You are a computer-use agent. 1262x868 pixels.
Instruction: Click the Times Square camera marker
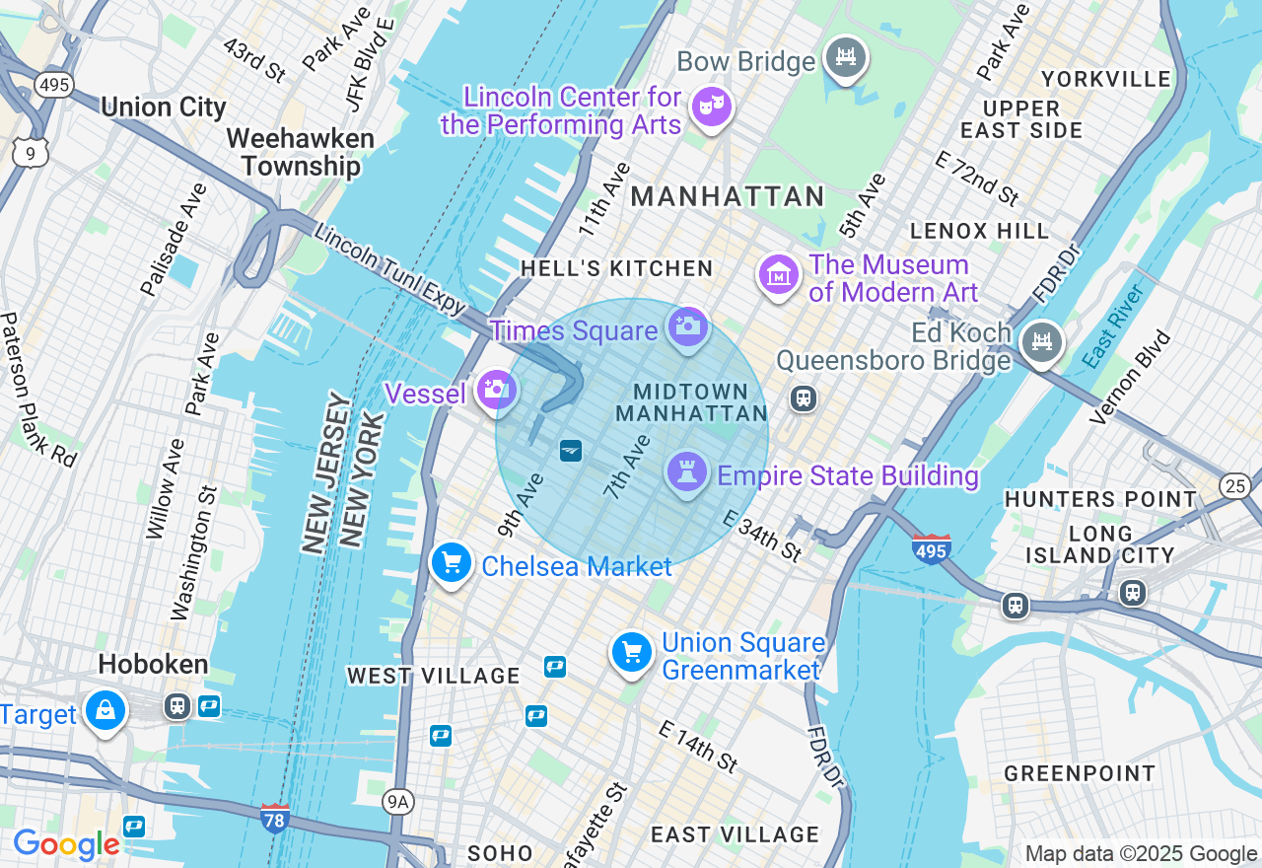[687, 326]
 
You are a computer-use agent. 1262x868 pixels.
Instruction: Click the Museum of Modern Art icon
[778, 276]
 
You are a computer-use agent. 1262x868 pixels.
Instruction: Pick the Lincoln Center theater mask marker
[711, 106]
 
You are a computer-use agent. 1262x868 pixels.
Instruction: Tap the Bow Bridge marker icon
[845, 57]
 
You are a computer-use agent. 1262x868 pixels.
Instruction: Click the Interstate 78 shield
[275, 818]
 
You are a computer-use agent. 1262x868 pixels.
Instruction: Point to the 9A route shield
[397, 801]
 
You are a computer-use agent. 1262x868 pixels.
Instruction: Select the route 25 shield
[1234, 484]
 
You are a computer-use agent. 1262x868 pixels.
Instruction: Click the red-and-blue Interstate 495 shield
[931, 548]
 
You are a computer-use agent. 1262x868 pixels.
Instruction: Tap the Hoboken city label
[153, 664]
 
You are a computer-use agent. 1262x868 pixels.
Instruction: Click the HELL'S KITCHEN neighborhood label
[616, 268]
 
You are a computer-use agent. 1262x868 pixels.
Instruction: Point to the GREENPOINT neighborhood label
[1080, 773]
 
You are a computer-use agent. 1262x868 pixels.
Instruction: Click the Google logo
[66, 844]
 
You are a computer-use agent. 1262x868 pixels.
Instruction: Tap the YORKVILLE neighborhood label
[1106, 79]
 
